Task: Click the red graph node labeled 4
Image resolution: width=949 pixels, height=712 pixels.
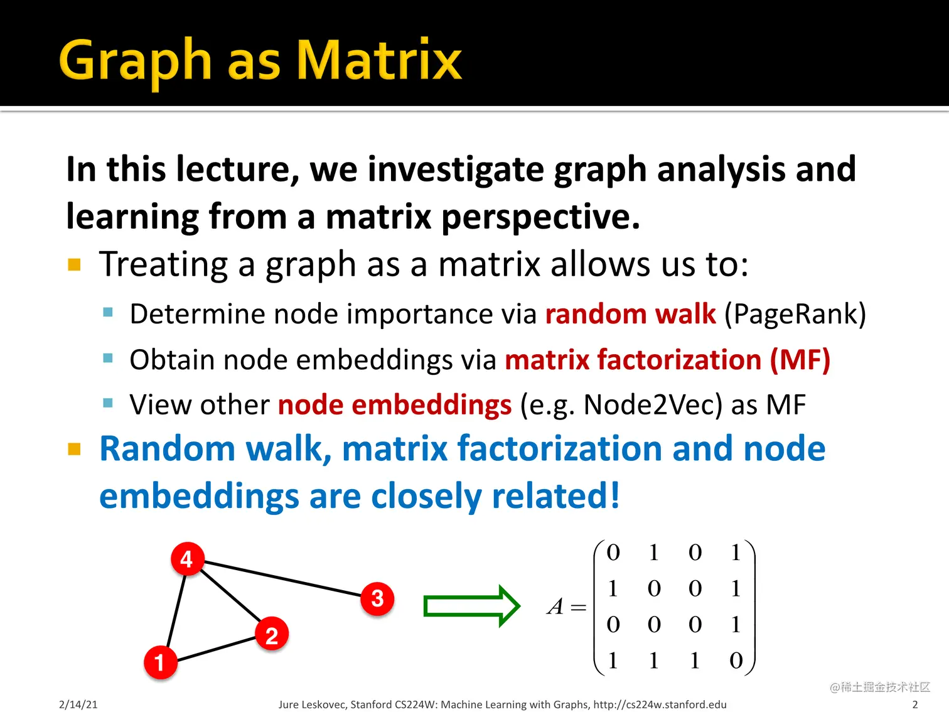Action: (187, 559)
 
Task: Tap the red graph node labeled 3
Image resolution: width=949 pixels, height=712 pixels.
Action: (377, 599)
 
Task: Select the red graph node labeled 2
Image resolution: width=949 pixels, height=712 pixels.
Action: (272, 634)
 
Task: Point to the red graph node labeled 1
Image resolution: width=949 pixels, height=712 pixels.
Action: (161, 662)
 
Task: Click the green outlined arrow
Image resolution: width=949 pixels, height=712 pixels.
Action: (471, 606)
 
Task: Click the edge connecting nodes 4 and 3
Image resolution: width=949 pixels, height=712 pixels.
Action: (282, 579)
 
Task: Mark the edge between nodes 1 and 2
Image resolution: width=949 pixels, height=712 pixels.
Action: (216, 649)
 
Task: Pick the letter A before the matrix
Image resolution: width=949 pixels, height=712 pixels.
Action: (555, 606)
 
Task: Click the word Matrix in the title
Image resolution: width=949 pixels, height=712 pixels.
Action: (379, 60)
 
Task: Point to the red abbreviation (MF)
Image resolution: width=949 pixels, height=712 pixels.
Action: (800, 359)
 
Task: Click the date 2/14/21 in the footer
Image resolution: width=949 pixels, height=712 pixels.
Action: (78, 704)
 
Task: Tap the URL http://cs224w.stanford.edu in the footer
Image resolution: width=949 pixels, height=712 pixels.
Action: (660, 704)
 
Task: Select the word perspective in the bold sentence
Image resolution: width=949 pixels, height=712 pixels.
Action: (540, 217)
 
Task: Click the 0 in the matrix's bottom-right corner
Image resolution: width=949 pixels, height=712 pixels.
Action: (736, 660)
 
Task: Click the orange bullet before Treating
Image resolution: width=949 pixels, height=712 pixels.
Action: (74, 264)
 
